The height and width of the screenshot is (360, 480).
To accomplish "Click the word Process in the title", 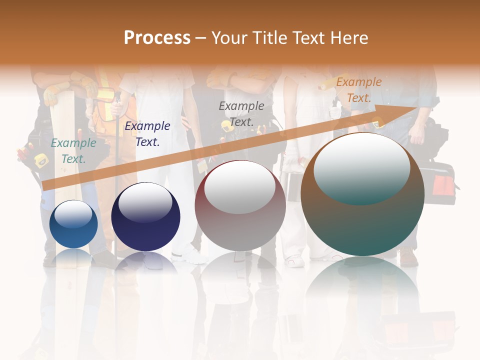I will coord(157,38).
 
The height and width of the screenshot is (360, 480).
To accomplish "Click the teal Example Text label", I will coord(73,151).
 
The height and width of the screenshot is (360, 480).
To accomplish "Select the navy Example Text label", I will coord(147,134).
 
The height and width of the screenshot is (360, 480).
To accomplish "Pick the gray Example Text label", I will coord(241,114).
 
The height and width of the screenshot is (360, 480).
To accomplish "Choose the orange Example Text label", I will coord(359,90).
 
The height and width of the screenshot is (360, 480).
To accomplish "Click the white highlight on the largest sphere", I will coord(361,167).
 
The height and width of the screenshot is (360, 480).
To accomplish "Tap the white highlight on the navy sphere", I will coord(145,202).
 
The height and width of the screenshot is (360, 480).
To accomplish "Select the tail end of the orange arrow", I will coord(45,185).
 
